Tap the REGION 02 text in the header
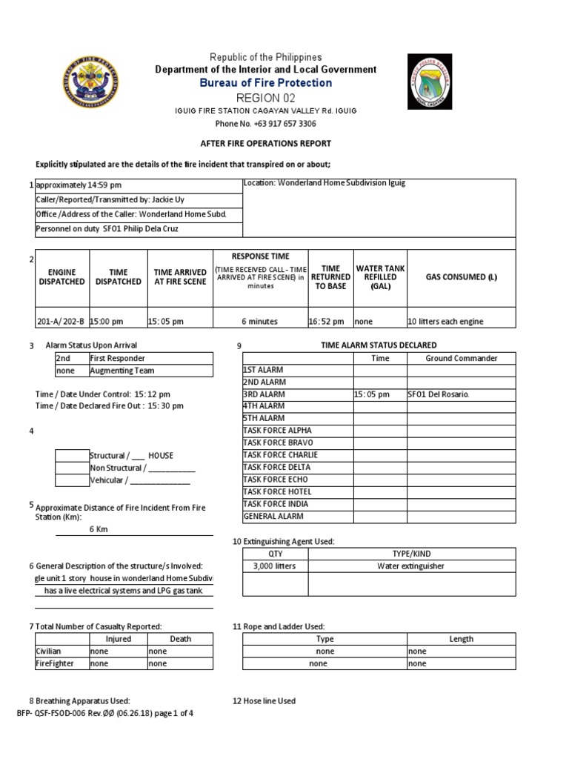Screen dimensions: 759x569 click(x=259, y=98)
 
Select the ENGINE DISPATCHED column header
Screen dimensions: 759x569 click(x=61, y=277)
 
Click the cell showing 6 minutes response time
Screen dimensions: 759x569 click(x=259, y=322)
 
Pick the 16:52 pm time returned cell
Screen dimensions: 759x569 click(x=327, y=322)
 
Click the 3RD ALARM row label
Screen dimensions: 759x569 click(x=264, y=394)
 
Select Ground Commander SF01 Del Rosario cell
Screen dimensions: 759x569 click(x=439, y=394)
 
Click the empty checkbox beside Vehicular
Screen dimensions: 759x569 click(x=72, y=480)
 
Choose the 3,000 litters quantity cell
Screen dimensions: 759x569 click(x=275, y=566)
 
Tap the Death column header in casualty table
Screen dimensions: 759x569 click(x=180, y=639)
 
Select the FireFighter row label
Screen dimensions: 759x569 click(x=56, y=664)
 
